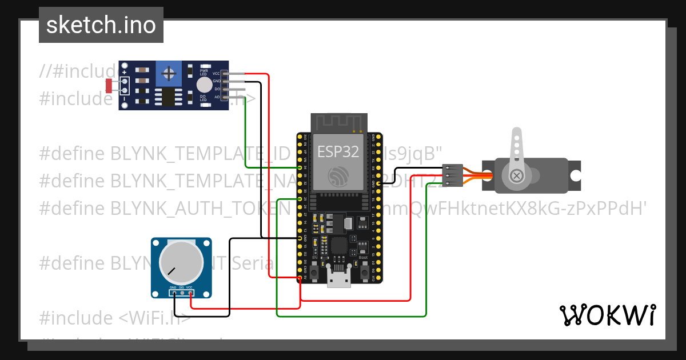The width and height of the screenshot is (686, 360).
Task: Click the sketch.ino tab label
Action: click(101, 25)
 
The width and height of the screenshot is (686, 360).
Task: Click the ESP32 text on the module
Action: click(338, 151)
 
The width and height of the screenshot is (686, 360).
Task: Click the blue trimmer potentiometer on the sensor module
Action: click(169, 73)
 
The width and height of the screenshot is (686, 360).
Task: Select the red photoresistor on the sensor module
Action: click(109, 86)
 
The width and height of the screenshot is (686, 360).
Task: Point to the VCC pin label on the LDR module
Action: click(216, 74)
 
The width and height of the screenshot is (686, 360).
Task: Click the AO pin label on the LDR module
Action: click(217, 97)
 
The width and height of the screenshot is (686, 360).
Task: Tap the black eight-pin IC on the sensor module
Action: click(167, 97)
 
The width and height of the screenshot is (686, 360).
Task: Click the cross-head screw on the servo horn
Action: click(517, 175)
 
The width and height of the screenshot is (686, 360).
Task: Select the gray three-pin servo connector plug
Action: click(452, 175)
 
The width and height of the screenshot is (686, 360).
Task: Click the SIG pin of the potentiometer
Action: click(181, 293)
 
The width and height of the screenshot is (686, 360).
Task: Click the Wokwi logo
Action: click(607, 315)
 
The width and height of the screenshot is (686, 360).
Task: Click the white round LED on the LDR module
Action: click(204, 85)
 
